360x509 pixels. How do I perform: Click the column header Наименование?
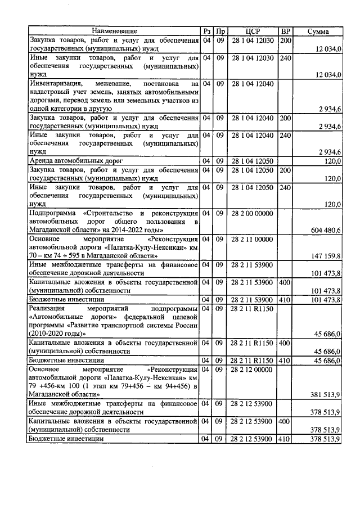[114, 31]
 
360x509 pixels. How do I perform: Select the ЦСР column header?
[253, 31]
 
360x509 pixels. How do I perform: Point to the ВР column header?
[286, 31]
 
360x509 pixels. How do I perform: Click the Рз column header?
[207, 31]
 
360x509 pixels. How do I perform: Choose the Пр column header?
[221, 31]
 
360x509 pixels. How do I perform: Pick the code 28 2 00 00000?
[253, 213]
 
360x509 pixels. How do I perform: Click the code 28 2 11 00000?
[253, 239]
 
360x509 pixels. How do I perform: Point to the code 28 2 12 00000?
[253, 369]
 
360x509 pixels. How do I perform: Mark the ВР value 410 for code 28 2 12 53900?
[286, 439]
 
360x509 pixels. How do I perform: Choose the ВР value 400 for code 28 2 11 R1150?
[286, 343]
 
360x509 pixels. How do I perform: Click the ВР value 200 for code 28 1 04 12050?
[286, 169]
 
